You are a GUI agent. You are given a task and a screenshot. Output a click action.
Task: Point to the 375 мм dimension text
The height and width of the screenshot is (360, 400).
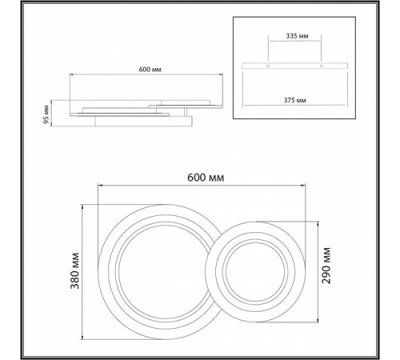294,99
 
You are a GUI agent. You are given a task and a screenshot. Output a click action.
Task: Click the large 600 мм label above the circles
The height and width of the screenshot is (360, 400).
202,175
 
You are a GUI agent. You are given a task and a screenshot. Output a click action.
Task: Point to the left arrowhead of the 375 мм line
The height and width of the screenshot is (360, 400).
243,106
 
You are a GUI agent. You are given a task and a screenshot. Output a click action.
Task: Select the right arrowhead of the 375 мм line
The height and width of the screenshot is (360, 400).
346,106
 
